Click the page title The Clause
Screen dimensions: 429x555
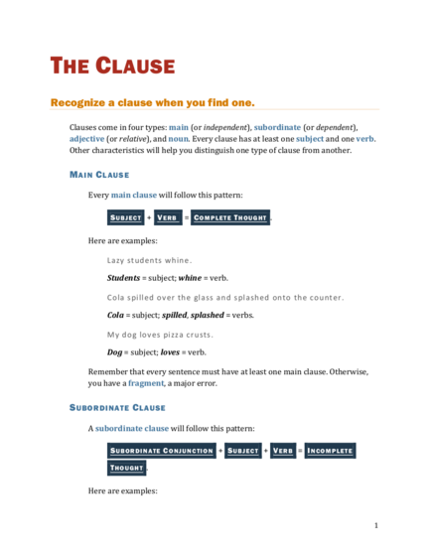(x=112, y=66)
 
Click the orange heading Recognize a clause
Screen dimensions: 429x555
(x=153, y=102)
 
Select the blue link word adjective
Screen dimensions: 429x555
(x=86, y=139)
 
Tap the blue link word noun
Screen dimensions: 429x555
(x=178, y=139)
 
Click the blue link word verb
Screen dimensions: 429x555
(x=364, y=139)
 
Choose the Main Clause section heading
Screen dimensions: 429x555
(x=99, y=175)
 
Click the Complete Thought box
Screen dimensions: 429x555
(x=230, y=217)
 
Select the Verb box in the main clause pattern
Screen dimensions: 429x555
(x=168, y=217)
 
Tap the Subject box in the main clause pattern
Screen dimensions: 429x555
(x=126, y=217)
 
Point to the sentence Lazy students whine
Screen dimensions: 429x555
(x=149, y=260)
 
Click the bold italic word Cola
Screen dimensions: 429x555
(x=115, y=315)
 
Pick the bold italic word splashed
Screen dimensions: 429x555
(x=208, y=315)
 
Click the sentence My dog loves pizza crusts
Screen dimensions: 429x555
(x=160, y=335)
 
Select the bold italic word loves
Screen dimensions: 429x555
(x=170, y=352)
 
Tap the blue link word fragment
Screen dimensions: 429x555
(x=146, y=383)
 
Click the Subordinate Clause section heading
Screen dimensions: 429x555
(x=117, y=408)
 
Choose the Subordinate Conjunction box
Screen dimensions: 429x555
(x=162, y=451)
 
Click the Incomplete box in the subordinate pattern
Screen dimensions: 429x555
(x=330, y=451)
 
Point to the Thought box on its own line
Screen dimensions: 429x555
(x=127, y=468)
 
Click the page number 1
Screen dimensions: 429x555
(x=376, y=525)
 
